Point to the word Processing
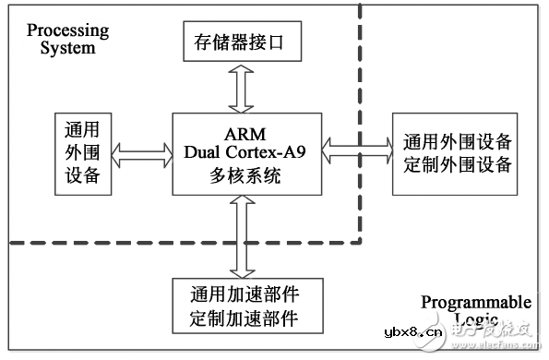coord(67,30)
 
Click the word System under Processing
coord(67,47)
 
